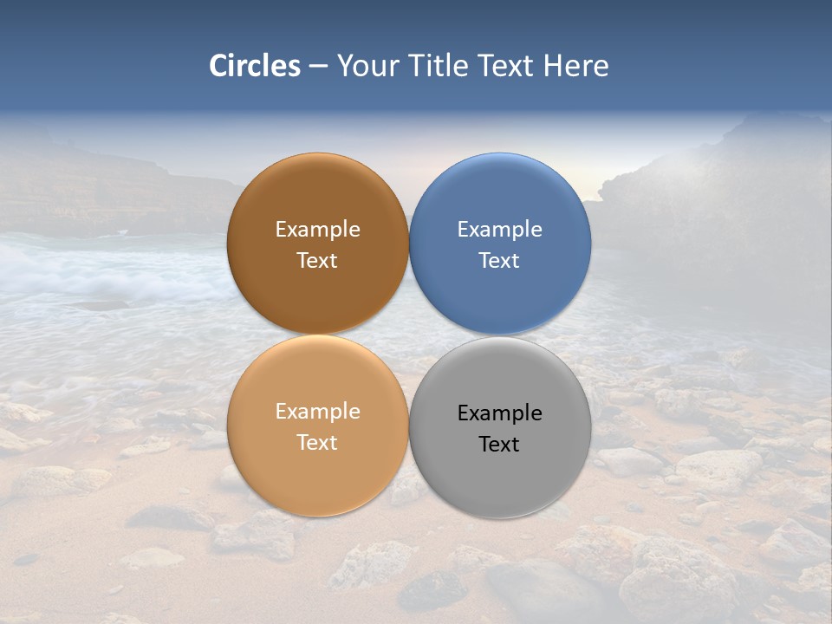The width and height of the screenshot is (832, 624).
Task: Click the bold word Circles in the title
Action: pyautogui.click(x=254, y=66)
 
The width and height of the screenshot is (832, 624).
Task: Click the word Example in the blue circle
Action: pyautogui.click(x=500, y=230)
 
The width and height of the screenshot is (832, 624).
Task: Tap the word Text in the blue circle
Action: pyautogui.click(x=500, y=261)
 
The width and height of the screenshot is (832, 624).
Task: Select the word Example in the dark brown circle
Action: pyautogui.click(x=317, y=230)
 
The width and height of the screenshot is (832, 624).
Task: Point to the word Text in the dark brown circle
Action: pyautogui.click(x=317, y=261)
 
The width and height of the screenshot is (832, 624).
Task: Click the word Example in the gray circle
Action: pyautogui.click(x=500, y=413)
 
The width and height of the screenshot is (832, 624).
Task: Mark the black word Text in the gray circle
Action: pyautogui.click(x=500, y=445)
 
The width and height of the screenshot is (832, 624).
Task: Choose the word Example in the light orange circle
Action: pyautogui.click(x=317, y=412)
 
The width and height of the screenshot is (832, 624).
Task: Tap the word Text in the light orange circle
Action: pyautogui.click(x=317, y=443)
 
